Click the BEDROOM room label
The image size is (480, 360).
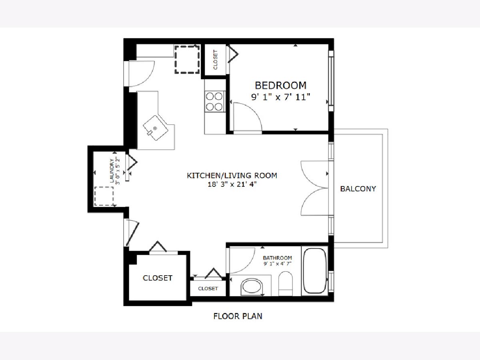[280, 85]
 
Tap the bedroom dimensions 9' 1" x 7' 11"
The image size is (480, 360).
[280, 97]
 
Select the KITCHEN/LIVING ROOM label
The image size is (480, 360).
[232, 176]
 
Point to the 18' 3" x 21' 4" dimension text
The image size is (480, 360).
[232, 184]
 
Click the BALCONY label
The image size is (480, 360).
[358, 189]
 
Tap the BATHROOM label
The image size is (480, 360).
[277, 258]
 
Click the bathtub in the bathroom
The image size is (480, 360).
[315, 271]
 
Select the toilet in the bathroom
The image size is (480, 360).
[286, 284]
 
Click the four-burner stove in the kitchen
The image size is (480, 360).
[214, 102]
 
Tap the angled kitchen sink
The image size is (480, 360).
[156, 128]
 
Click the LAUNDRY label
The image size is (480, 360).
[112, 171]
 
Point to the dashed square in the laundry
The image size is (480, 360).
[104, 196]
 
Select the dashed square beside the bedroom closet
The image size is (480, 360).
[187, 60]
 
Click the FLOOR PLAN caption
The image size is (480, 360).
[238, 316]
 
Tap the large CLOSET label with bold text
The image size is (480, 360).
[158, 278]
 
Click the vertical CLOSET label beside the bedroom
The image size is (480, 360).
[215, 60]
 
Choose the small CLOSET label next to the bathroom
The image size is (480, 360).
[208, 288]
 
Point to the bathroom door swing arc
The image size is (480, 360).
[249, 266]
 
